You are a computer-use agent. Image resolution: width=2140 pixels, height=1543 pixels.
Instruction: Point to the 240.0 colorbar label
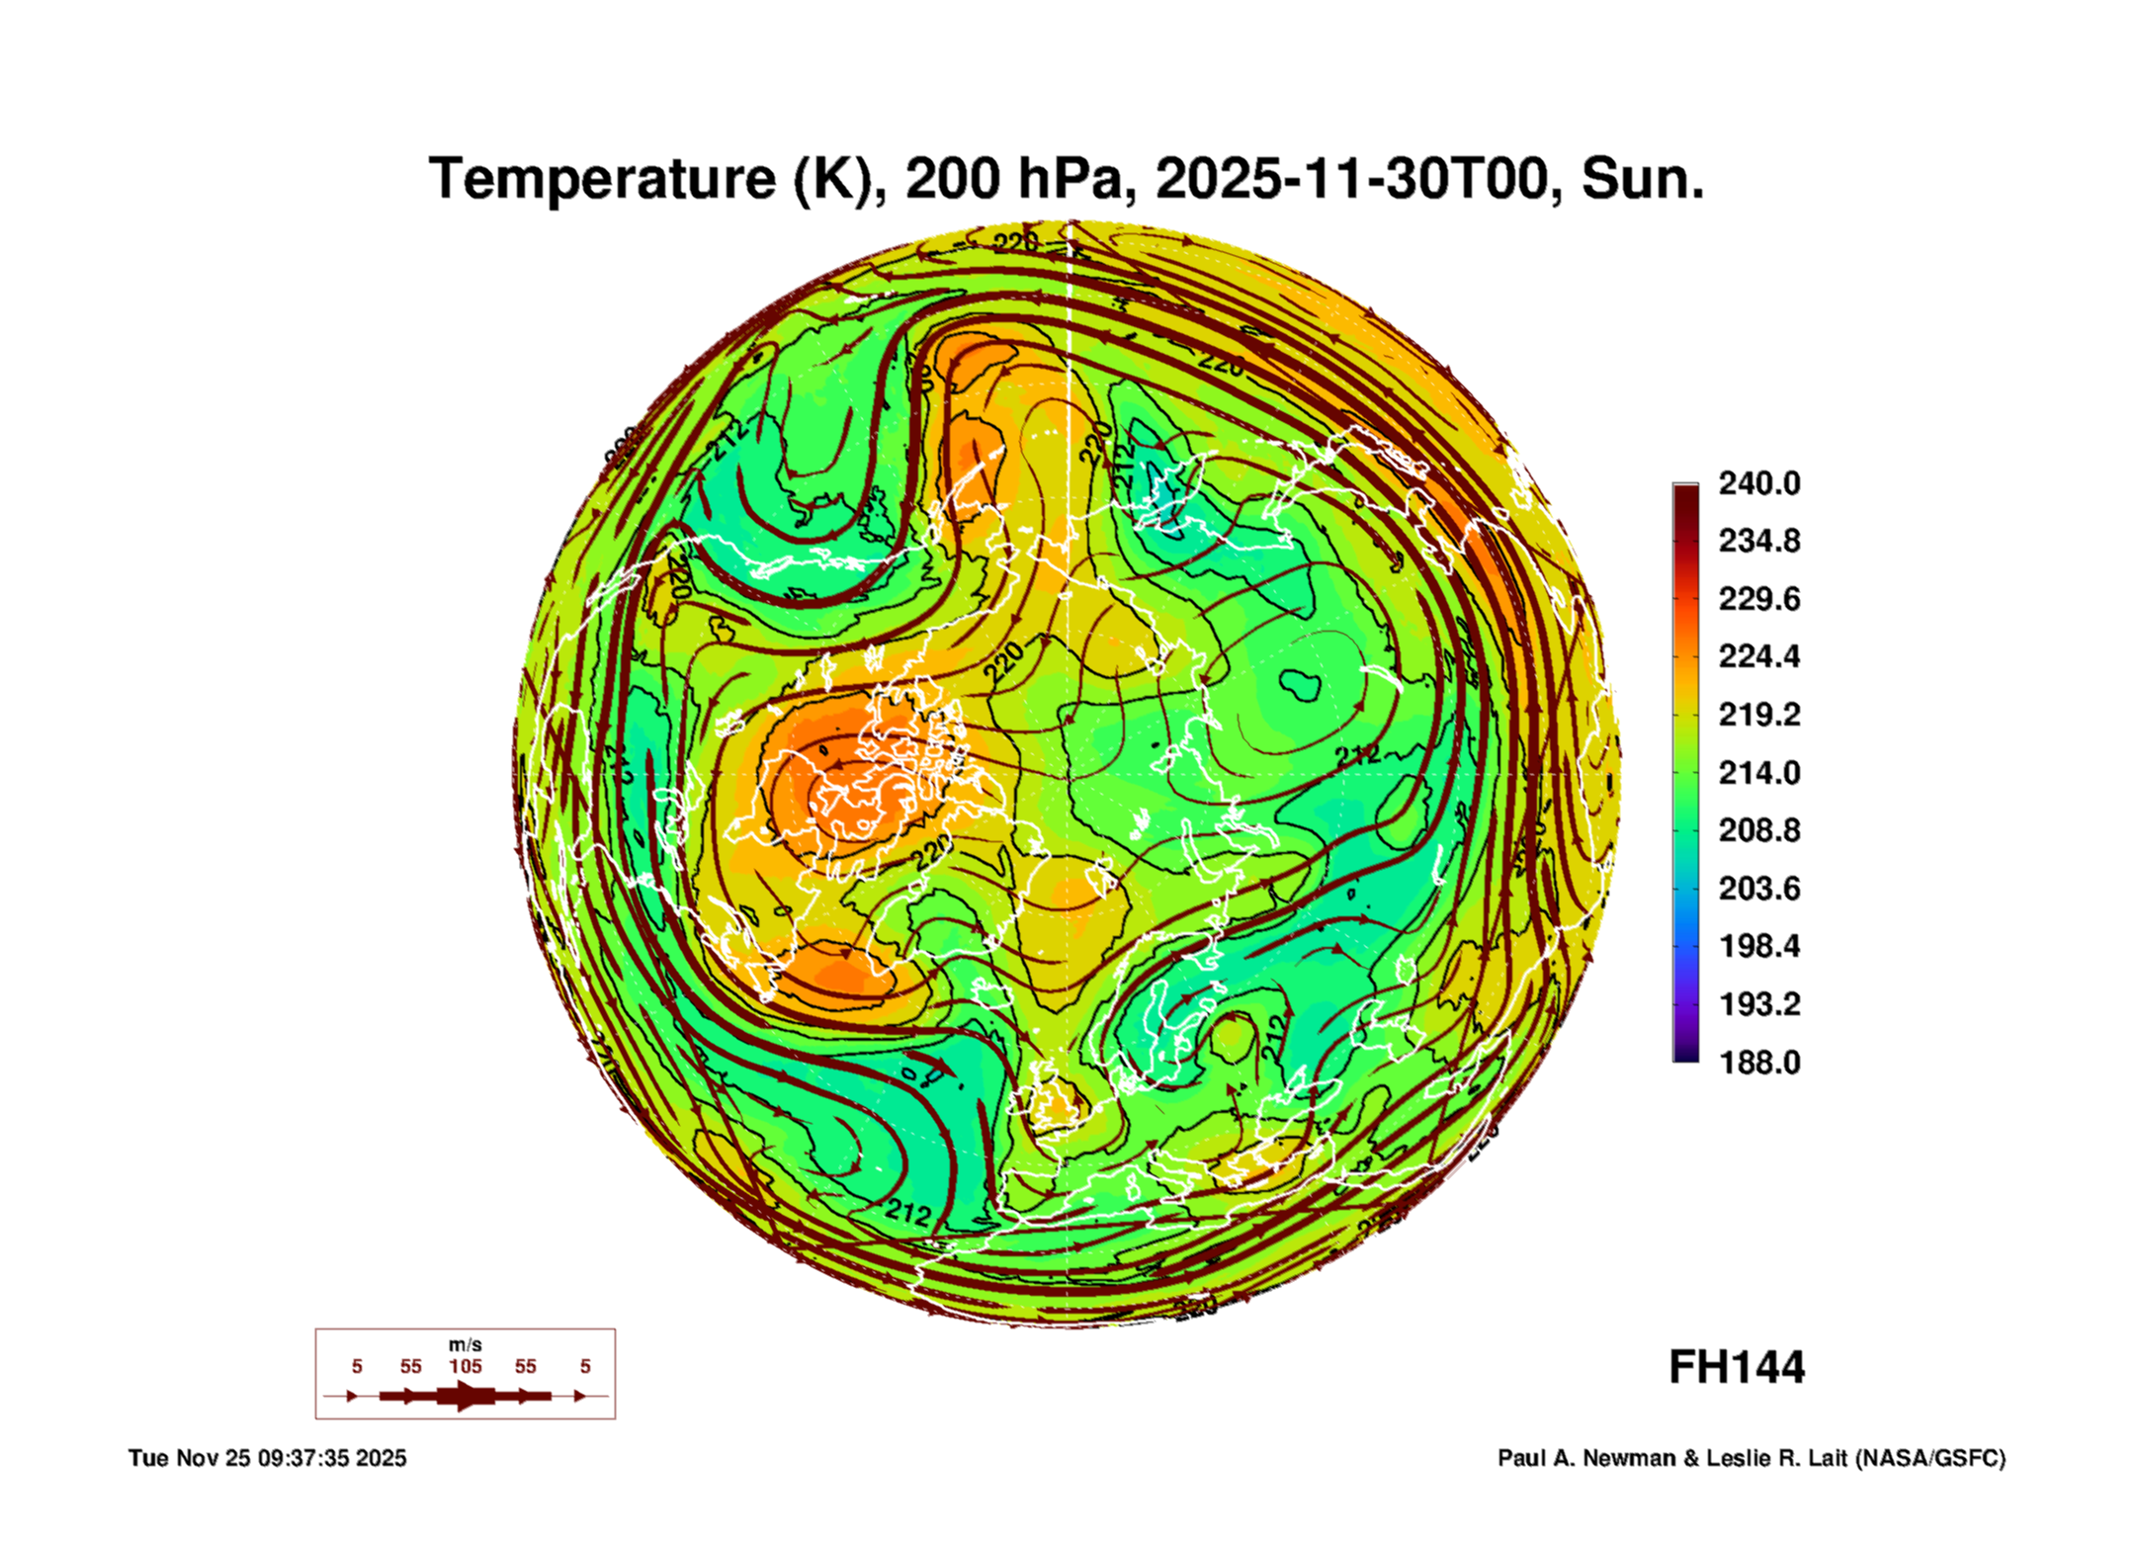tap(1758, 483)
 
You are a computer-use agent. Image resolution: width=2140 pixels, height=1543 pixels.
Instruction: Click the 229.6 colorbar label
tap(1758, 599)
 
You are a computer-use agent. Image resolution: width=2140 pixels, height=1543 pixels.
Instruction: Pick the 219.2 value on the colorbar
tap(1758, 715)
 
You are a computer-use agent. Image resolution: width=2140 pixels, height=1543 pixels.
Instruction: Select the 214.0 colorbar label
tap(1758, 772)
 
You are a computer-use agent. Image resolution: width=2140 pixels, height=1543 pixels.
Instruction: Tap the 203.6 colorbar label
tap(1758, 888)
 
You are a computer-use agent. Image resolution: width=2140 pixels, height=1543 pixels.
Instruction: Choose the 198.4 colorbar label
tap(1758, 946)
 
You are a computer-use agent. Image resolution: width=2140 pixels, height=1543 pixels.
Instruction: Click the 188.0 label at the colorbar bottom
tap(1758, 1063)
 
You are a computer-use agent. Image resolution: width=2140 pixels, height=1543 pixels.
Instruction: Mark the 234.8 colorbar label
tap(1758, 541)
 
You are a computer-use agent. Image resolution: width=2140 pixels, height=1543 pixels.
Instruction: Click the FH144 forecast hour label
tap(1737, 1367)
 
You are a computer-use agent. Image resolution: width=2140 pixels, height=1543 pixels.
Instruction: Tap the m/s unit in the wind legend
tap(465, 1344)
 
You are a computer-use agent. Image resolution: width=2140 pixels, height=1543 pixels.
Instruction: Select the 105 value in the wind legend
tap(465, 1366)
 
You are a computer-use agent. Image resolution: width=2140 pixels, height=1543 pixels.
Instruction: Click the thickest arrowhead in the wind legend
tap(465, 1396)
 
